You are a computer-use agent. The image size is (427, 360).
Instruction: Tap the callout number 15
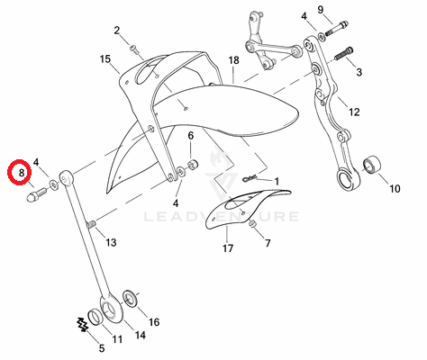coord(105,59)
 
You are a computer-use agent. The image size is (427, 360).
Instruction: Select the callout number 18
coord(233,60)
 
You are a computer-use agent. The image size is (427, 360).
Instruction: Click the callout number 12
coord(354,112)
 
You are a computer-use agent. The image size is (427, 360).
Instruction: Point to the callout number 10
coord(395,188)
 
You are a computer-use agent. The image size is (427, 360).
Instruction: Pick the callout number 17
coord(228,248)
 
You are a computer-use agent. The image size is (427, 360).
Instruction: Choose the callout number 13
coord(111,242)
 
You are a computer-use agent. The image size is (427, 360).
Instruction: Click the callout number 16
coord(154,322)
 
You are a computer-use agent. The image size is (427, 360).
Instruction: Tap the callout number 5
coord(102,348)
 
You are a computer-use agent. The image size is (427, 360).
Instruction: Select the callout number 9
coord(321,10)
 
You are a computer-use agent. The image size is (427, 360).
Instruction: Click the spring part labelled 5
coord(82,325)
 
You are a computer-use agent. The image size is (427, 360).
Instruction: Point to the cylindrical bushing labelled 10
coord(372,165)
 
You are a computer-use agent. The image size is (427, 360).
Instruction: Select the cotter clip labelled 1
coord(250,178)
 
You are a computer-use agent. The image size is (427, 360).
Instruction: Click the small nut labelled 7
coord(252,223)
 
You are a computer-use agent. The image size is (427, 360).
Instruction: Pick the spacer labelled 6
coord(192,165)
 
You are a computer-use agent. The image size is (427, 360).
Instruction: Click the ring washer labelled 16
coord(131,298)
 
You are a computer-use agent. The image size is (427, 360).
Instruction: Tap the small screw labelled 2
coord(134,49)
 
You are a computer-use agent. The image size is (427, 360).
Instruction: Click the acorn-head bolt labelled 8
coord(36,194)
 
